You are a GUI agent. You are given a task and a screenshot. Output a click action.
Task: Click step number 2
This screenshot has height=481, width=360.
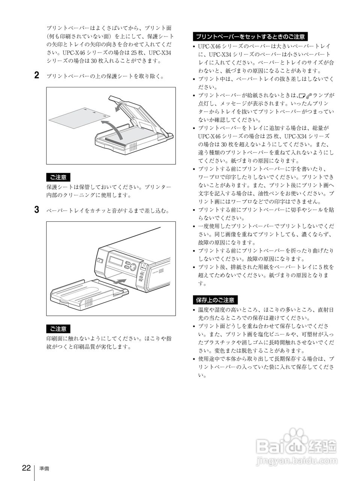[37, 75]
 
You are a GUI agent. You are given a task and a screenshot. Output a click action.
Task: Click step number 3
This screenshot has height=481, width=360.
[37, 210]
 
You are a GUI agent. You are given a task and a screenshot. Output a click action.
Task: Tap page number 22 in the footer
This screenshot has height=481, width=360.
[26, 468]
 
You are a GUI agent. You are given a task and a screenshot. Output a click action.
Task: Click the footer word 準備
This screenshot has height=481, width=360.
[44, 469]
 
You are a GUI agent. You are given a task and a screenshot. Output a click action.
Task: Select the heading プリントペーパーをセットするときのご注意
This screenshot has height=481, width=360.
[250, 36]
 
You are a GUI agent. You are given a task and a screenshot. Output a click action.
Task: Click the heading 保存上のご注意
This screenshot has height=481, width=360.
[215, 300]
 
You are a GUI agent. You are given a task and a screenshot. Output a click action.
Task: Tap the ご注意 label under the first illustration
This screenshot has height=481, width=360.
[58, 177]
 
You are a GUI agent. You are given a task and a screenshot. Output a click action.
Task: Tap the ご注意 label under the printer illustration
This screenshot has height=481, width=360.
[58, 329]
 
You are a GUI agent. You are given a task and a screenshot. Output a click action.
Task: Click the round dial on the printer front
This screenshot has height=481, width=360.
[133, 267]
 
